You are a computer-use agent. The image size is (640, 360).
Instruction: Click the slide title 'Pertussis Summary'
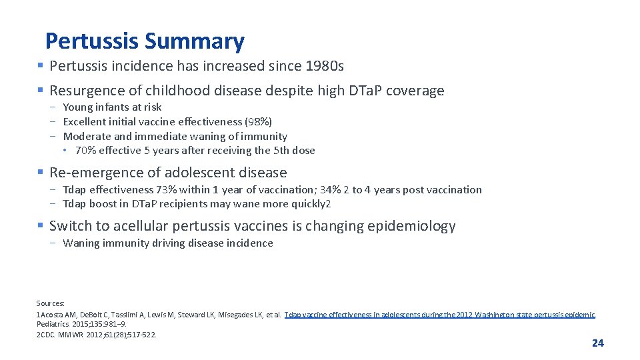(145, 42)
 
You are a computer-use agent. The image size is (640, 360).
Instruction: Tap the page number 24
(597, 343)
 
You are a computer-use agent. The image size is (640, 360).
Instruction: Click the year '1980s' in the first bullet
(324, 66)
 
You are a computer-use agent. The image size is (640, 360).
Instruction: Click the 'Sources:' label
(51, 303)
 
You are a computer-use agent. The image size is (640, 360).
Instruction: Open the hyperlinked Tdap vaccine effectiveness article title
(439, 315)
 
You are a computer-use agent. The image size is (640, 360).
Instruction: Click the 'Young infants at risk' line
(112, 107)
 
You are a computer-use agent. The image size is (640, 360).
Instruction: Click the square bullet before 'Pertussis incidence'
(41, 66)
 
